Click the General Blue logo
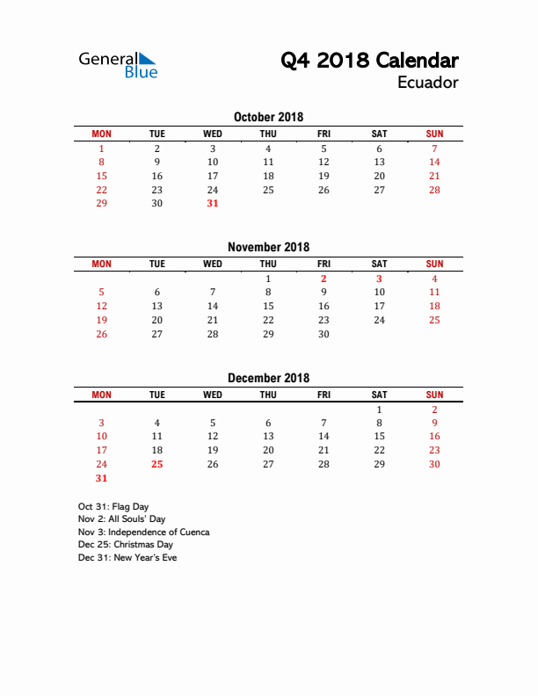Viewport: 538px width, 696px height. tap(118, 65)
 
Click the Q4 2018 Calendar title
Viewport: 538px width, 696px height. tap(369, 61)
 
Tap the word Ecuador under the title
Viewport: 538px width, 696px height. tap(427, 83)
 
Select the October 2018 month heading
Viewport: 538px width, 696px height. tap(268, 117)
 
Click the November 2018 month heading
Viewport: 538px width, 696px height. tap(268, 247)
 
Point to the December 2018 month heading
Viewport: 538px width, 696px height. tap(268, 378)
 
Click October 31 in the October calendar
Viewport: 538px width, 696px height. tap(213, 203)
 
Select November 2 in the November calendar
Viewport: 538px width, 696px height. tap(324, 279)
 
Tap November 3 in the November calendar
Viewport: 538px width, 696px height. tap(379, 279)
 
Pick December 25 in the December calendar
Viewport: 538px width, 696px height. tap(157, 464)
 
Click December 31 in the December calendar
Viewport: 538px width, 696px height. tap(101, 478)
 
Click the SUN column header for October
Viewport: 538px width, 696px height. tap(434, 134)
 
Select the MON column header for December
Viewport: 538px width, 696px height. tap(101, 395)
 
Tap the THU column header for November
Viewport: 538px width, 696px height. tap(268, 264)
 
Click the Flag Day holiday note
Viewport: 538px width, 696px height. tap(113, 506)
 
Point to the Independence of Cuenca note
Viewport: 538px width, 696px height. tap(143, 532)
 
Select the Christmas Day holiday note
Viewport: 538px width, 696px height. tap(125, 545)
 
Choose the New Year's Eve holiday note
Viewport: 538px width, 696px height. tap(127, 557)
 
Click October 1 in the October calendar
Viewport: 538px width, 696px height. tap(101, 149)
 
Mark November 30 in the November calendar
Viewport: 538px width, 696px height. tap(324, 334)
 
